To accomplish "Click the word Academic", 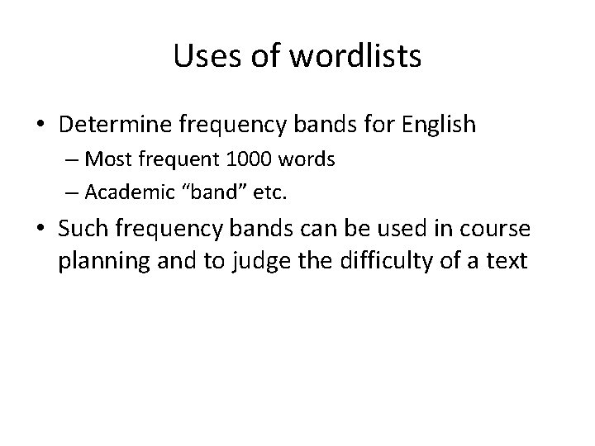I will pyautogui.click(x=126, y=192).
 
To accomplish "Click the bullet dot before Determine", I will pyautogui.click(x=41, y=126).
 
